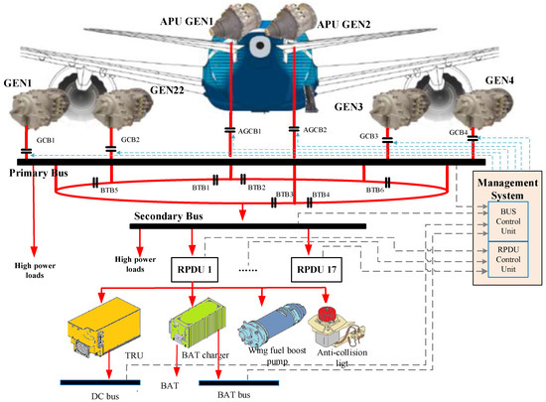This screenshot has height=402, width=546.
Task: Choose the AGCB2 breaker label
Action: click(315, 130)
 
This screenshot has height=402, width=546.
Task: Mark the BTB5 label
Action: click(108, 189)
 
